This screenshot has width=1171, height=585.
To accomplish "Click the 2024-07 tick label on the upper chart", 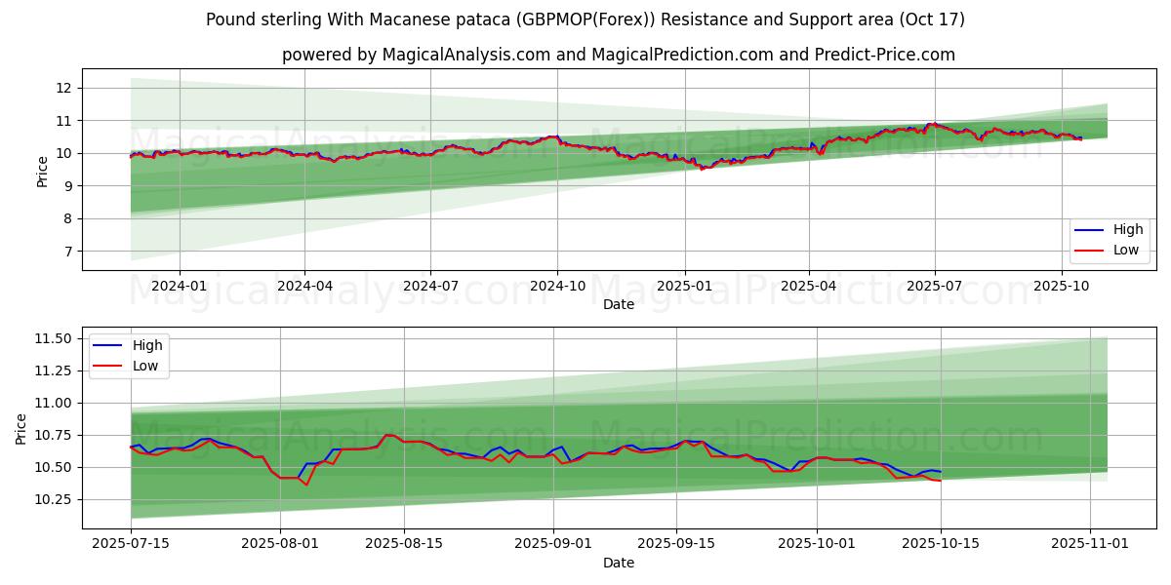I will coord(430,286).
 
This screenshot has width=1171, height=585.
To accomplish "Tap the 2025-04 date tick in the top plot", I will coord(809,286).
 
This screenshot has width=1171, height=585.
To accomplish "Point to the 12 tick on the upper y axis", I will coord(64,88).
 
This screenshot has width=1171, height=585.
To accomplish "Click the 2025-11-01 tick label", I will coord(1089,542).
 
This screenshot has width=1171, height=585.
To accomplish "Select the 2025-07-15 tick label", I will coord(132,542).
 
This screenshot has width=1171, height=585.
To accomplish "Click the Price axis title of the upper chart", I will coord(42,172).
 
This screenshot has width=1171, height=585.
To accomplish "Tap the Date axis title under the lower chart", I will coord(619,563).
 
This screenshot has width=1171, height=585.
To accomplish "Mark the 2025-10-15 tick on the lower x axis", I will coord(941,542).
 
